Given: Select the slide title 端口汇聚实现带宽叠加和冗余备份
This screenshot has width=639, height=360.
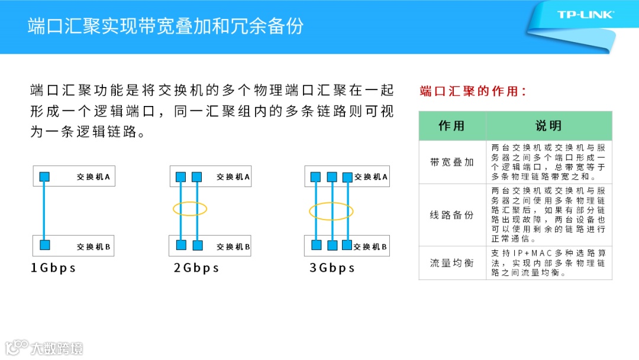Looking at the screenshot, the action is point(166,26).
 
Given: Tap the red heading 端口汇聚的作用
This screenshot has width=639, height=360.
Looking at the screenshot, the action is point(473,91).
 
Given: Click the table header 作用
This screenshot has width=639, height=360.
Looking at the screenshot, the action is point(452,126).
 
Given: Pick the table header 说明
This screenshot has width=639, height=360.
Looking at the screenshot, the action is point(548,126).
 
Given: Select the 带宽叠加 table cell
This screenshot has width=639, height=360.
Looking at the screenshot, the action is point(452,162).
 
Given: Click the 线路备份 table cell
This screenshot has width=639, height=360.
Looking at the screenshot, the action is point(452,215).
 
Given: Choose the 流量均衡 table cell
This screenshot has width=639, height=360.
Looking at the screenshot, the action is point(452,263).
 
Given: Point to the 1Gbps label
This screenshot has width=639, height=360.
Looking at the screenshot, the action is point(53,268).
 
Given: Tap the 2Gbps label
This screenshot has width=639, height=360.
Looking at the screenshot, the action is point(196,268).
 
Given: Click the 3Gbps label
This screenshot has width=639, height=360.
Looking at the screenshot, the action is point(332,268).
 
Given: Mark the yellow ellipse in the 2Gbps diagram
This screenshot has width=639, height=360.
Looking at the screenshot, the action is point(189,208).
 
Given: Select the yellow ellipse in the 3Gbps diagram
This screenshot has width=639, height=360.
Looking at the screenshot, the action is point(331,211).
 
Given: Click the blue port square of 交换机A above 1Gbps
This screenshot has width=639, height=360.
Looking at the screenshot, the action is point(44,176).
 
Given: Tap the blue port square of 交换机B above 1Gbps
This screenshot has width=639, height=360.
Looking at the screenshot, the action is point(44,245).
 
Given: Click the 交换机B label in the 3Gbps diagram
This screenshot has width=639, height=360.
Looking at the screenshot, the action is point(370,246).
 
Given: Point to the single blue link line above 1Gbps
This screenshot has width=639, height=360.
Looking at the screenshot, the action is point(44,211).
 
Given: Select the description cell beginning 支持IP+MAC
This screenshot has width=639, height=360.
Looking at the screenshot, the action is point(548,263).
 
